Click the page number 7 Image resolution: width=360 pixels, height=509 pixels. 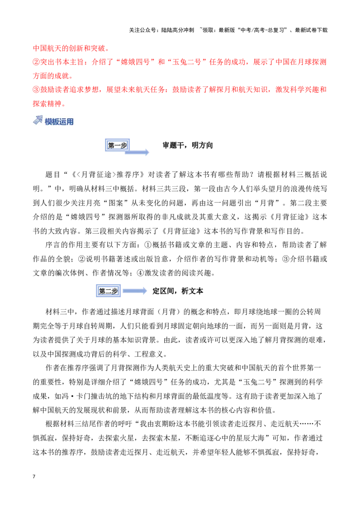pos(34,476)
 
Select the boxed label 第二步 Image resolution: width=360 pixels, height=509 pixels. pos(108,291)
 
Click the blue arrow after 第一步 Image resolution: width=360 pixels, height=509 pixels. pos(137,152)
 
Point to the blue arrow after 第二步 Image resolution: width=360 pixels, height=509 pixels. pos(135,290)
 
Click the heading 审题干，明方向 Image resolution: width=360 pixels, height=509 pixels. pos(188,145)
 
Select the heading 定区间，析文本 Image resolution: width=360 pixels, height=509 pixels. pos(178,291)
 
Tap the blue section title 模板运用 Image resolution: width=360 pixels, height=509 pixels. pos(59,122)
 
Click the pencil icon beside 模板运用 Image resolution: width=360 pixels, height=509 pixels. pos(38,120)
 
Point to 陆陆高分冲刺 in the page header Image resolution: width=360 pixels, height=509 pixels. pos(177,30)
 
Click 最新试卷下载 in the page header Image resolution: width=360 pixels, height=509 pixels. pos(311,30)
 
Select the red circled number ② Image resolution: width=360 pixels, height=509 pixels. pos(36,62)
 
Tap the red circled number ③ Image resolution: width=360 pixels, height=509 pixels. pos(36,89)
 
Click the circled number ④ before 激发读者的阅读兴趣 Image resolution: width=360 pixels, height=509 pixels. pos(140,273)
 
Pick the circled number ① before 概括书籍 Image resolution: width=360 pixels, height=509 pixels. pos(148,245)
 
